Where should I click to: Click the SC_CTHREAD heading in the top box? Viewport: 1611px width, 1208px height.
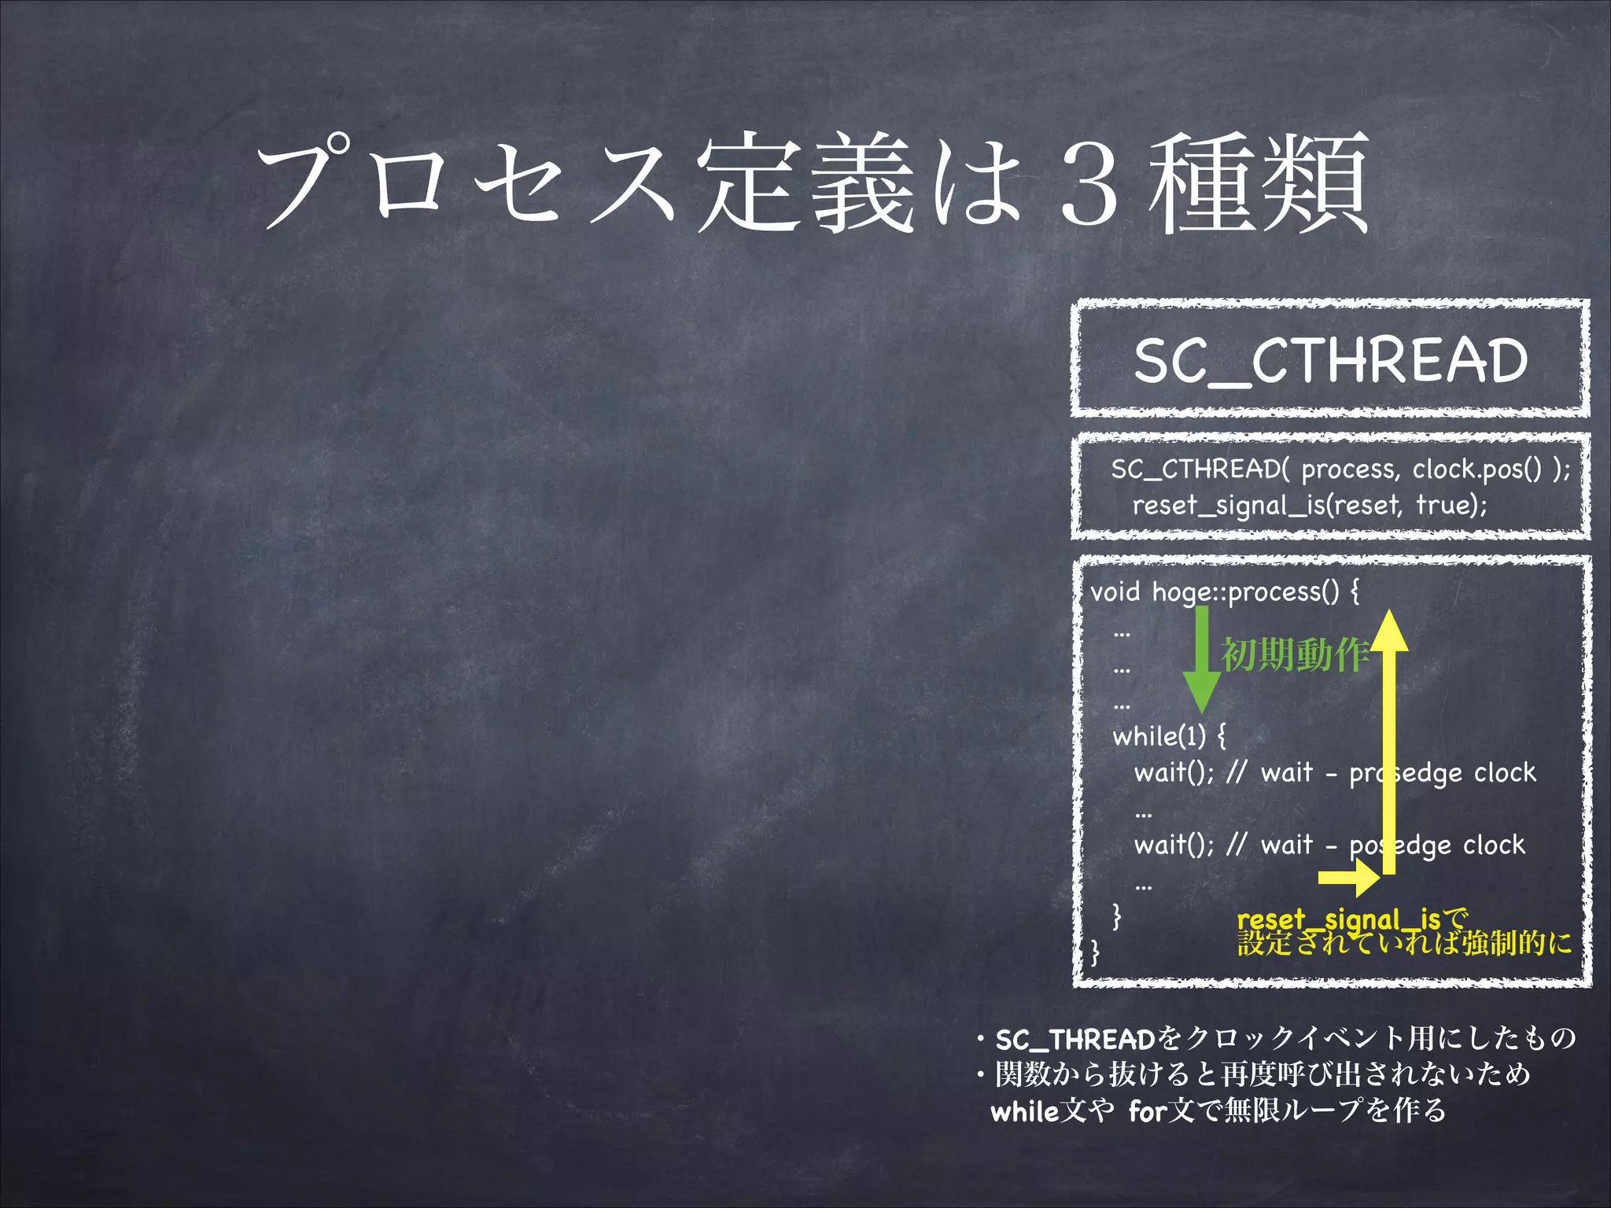[1330, 361]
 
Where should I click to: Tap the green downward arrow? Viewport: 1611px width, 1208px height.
[1202, 661]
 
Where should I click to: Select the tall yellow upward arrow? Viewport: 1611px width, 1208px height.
[1389, 739]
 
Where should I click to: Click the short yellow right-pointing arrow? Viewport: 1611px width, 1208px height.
[1348, 878]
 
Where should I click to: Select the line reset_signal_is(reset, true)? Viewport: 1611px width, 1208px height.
[1310, 505]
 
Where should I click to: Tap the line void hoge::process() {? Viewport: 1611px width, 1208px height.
[1224, 591]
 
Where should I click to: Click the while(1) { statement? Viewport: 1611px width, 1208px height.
[1169, 737]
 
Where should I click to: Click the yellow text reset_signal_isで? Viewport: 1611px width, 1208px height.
[1352, 919]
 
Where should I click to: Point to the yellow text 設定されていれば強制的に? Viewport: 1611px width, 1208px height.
[1405, 942]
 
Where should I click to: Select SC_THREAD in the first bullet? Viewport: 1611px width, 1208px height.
[1076, 1040]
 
